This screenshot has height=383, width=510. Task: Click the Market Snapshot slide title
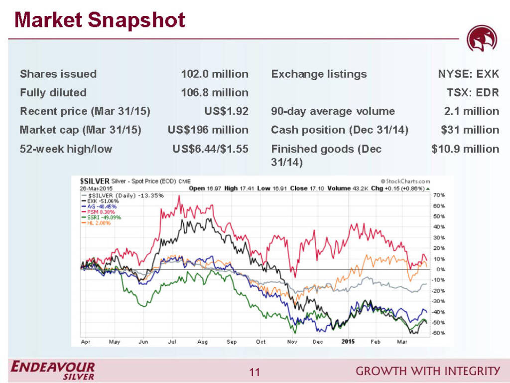pos(100,20)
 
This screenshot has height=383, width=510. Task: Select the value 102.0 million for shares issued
pos(214,74)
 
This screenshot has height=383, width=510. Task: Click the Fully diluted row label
pos(53,92)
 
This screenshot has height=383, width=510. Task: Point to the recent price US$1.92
pos(226,111)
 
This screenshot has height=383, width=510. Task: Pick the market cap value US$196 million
pos(208,130)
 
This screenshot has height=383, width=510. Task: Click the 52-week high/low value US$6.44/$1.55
pos(208,149)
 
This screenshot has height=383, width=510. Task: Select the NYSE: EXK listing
pos(468,74)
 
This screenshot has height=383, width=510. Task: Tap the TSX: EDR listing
pos(473,92)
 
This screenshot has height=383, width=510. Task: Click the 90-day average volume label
pos(333,111)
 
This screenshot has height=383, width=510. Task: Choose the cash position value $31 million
pos(470,130)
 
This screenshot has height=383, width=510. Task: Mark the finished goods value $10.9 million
pos(465,149)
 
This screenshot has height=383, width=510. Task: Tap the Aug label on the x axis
pos(202,342)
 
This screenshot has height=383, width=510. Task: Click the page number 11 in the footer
pos(255,372)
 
